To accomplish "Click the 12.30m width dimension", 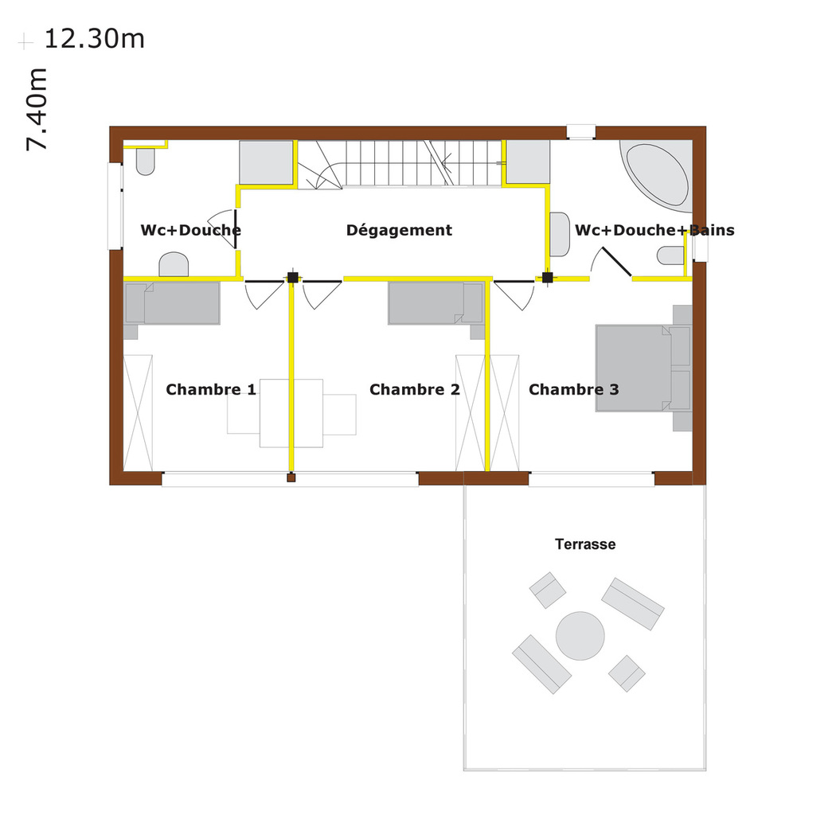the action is coord(95,39).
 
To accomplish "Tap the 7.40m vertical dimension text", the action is coord(37,109).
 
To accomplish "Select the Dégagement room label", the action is coord(399,230).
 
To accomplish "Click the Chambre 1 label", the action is coord(211,389).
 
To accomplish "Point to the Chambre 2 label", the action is coord(415,389).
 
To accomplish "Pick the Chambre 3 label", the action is coord(573,389).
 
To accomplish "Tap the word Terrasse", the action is coord(585,544).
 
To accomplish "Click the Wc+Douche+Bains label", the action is coord(654,230).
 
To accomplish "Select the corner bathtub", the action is coord(656,174).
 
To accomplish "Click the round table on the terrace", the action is coord(580,636).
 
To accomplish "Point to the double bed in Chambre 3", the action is coord(643,369).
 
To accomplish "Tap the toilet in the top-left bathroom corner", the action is coord(146,162).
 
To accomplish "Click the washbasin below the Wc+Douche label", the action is coord(174,264).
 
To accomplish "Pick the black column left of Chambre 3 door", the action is coord(547,278).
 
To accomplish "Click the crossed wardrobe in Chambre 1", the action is coord(138,413).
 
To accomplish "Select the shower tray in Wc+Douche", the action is coord(267,163).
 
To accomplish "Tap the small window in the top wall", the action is coord(581,132).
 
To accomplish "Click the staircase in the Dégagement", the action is coord(400,164).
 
